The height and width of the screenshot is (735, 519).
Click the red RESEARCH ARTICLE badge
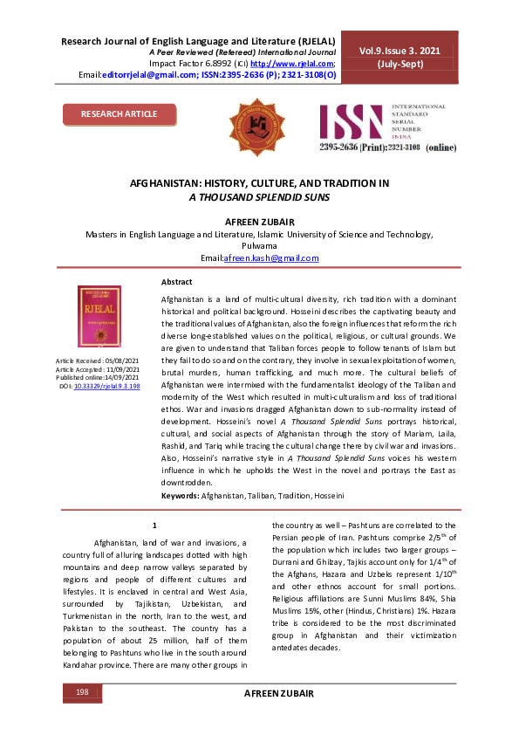click(120, 114)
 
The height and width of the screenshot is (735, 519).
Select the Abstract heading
click(177, 282)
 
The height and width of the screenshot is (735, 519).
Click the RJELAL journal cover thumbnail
click(99, 318)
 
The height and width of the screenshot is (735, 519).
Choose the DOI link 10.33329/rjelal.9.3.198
click(107, 385)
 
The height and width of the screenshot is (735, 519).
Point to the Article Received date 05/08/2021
click(122, 361)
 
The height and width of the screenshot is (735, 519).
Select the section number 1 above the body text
click(154, 525)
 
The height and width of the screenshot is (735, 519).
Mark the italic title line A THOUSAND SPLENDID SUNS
click(258, 197)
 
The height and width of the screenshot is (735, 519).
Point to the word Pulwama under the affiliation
click(259, 246)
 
